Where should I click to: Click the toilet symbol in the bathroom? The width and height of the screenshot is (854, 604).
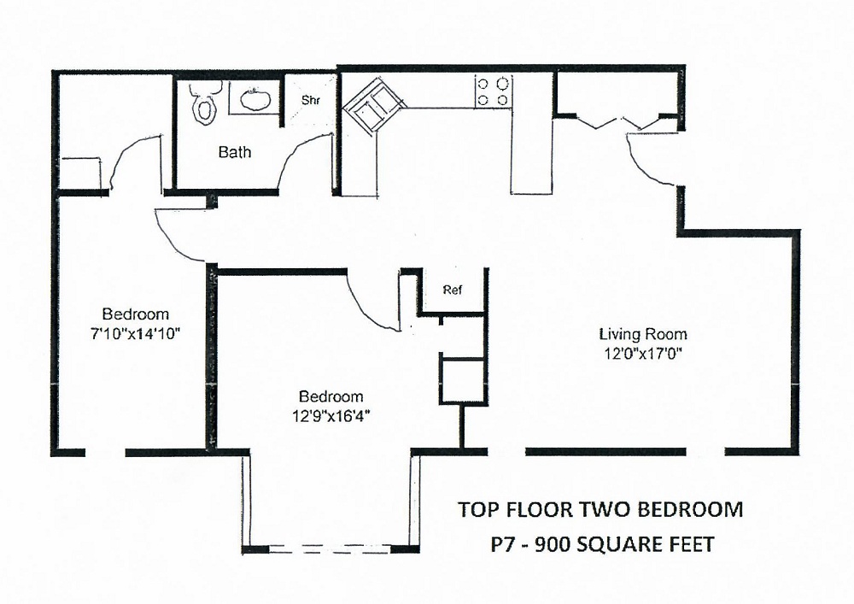click(x=203, y=103)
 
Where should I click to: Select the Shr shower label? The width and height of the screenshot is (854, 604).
click(x=310, y=100)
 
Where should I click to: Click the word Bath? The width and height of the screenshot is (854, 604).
click(x=235, y=153)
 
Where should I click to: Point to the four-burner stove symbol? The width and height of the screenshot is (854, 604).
click(x=494, y=91)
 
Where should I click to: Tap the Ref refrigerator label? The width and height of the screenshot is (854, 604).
click(x=453, y=290)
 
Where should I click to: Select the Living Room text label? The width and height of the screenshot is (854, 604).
click(x=642, y=334)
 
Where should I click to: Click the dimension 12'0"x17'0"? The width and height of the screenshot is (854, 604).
click(x=642, y=351)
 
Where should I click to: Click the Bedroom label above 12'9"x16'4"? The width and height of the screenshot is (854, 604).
click(x=331, y=396)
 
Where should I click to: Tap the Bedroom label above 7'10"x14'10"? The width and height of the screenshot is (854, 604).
click(x=136, y=314)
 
